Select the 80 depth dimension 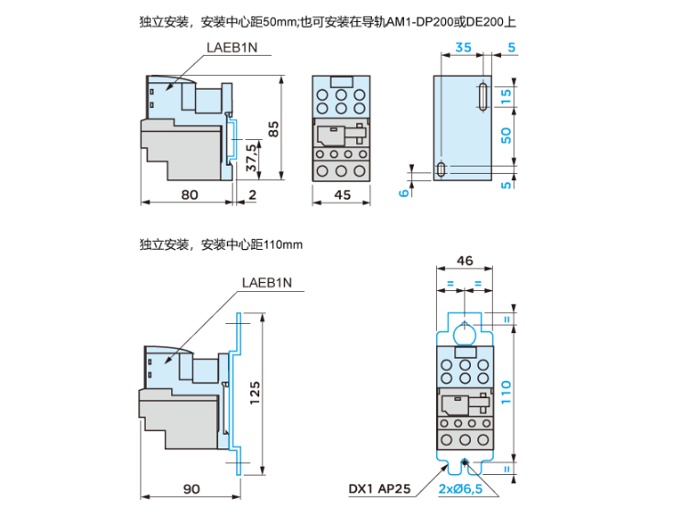click(x=190, y=193)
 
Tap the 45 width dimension click(x=343, y=193)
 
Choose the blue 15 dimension click(x=507, y=95)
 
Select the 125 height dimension click(x=256, y=391)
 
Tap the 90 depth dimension click(x=190, y=489)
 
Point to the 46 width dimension click(x=464, y=261)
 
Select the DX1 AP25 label click(x=378, y=490)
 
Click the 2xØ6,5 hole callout click(x=461, y=490)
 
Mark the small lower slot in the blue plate click(x=443, y=169)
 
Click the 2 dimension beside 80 click(x=252, y=193)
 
